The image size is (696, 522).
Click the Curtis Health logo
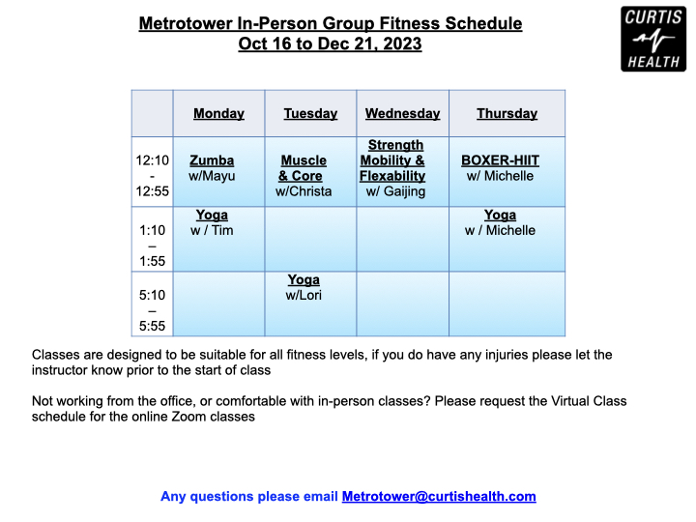coord(653,39)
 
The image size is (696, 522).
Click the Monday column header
coord(218,114)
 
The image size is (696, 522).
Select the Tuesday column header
coord(310,114)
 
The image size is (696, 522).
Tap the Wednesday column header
coord(402,114)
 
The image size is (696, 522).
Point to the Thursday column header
coord(507,114)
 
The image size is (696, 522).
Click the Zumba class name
coord(212,160)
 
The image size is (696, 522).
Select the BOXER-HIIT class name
coord(501,160)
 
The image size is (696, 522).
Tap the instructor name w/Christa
coord(304,191)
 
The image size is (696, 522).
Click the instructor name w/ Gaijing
coord(395,191)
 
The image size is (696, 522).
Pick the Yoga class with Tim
coord(212,215)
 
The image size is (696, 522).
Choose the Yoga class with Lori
coord(304,279)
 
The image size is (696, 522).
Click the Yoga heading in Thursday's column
coord(501,215)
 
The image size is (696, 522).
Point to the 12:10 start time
coord(153,160)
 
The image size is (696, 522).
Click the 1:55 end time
coord(153,261)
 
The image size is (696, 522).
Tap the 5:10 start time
coord(153,295)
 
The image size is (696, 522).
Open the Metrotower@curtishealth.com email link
coord(439,496)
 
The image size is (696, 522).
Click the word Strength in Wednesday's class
coord(395,145)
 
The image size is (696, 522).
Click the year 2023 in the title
coord(402,43)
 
